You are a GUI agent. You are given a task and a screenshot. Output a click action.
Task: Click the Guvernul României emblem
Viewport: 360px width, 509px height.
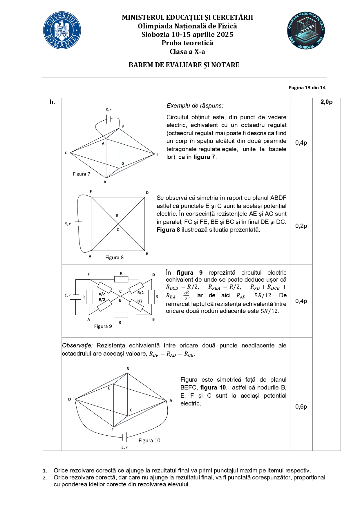pyautogui.click(x=62, y=30)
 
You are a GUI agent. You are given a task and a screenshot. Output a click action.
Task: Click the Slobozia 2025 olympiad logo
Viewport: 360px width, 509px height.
pyautogui.click(x=306, y=30)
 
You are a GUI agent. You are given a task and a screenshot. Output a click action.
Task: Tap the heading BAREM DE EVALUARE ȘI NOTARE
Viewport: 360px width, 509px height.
pyautogui.click(x=184, y=65)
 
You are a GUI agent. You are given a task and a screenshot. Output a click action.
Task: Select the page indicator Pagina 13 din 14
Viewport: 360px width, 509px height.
pyautogui.click(x=307, y=88)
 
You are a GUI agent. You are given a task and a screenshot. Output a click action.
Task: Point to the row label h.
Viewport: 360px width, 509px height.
pyautogui.click(x=52, y=102)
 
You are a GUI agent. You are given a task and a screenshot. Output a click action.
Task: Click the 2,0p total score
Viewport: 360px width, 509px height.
pyautogui.click(x=326, y=102)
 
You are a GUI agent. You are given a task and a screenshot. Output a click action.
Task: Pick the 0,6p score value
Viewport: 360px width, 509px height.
pyautogui.click(x=301, y=407)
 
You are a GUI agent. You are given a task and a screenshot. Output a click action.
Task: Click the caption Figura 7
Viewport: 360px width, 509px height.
pyautogui.click(x=82, y=174)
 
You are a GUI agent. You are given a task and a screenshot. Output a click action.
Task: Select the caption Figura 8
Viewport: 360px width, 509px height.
pyautogui.click(x=114, y=258)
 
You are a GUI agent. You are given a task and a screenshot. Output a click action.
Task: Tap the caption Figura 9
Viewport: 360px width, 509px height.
pyautogui.click(x=103, y=326)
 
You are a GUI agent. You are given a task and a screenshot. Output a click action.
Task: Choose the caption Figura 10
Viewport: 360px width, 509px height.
pyautogui.click(x=149, y=441)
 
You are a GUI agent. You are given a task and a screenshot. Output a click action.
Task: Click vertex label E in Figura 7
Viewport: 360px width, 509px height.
pyautogui.click(x=158, y=154)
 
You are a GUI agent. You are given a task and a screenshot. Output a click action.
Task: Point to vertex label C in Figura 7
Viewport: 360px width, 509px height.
pyautogui.click(x=66, y=153)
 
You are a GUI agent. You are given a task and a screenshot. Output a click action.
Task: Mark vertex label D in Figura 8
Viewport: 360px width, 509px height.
pyautogui.click(x=147, y=193)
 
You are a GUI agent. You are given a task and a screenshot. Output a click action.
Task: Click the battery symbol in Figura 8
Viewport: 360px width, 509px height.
pyautogui.click(x=78, y=224)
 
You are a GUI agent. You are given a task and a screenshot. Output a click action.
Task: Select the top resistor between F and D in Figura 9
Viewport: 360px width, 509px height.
pyautogui.click(x=121, y=279)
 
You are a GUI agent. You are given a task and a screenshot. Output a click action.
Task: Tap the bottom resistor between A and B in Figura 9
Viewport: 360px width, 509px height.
pyautogui.click(x=121, y=315)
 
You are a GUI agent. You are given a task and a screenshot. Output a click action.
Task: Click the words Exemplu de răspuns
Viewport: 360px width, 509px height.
pyautogui.click(x=195, y=106)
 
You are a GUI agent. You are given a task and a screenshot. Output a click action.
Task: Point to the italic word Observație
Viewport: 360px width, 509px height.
pyautogui.click(x=77, y=345)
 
